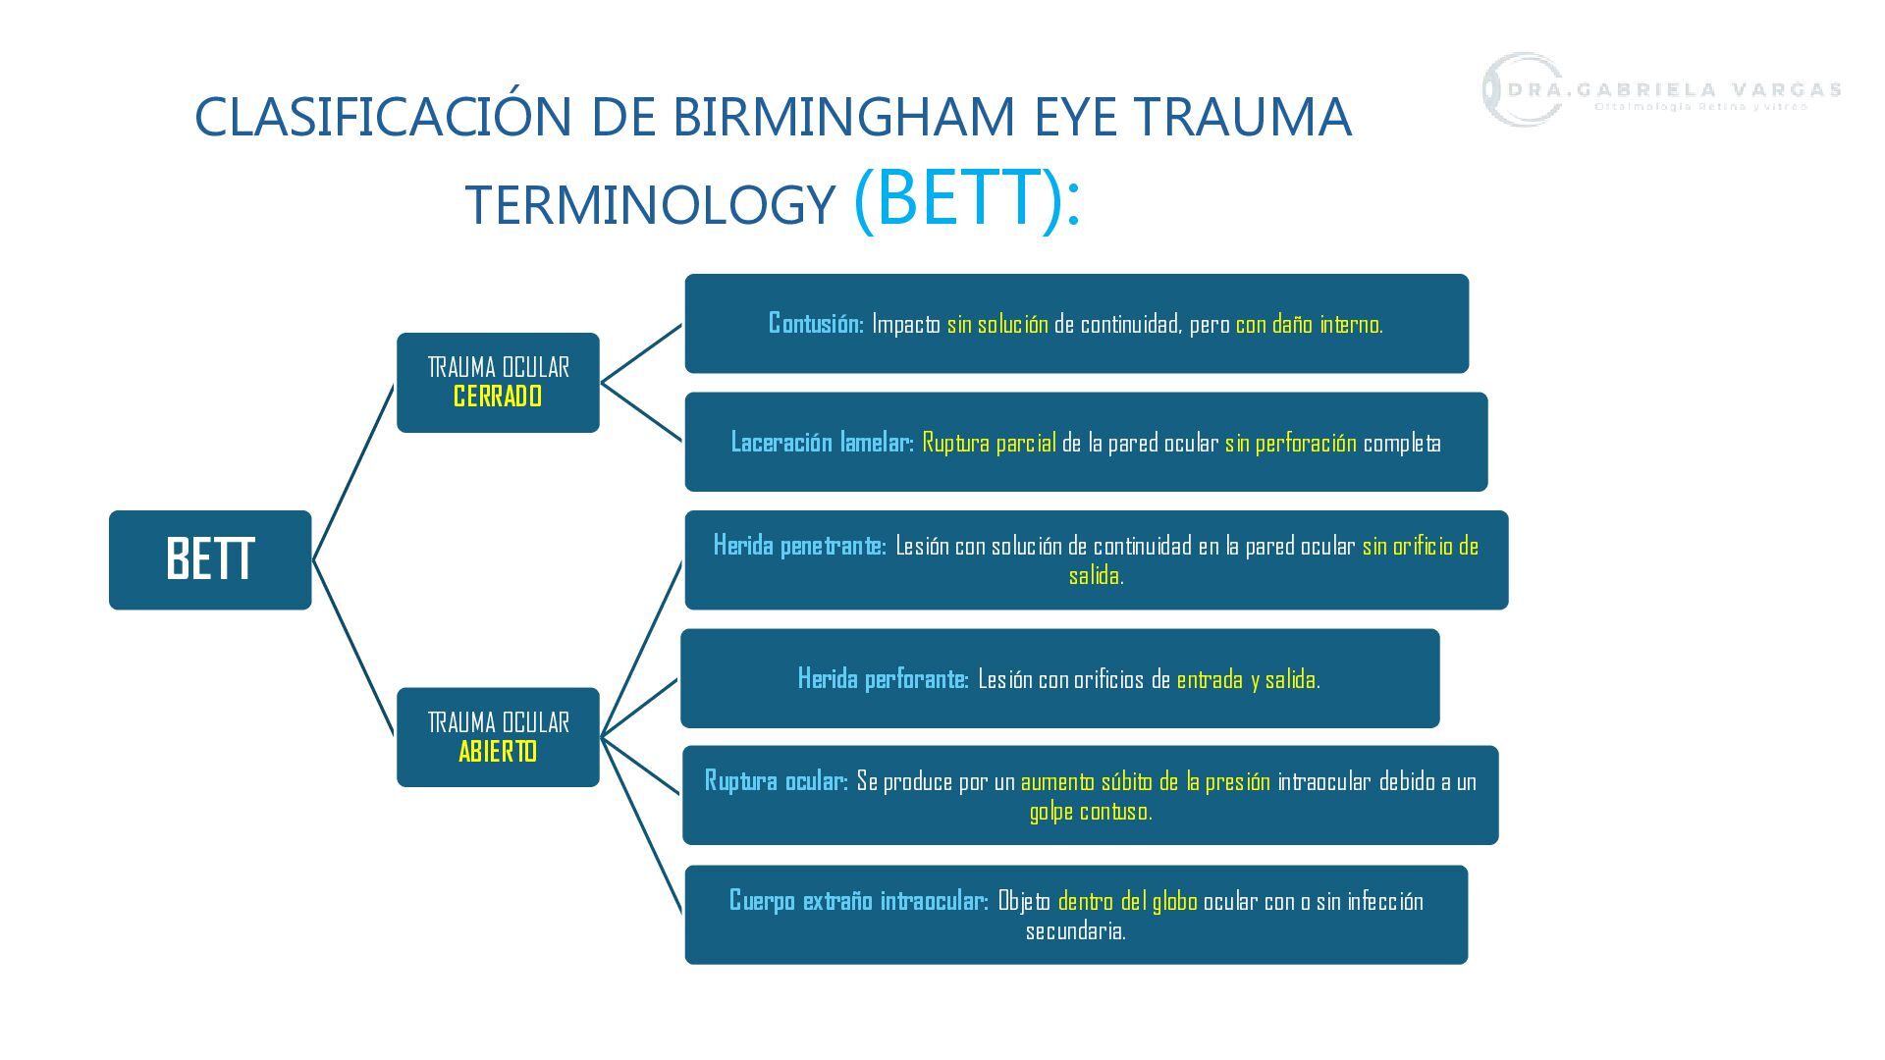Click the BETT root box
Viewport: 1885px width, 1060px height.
click(210, 559)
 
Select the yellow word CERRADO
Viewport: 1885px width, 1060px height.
click(498, 397)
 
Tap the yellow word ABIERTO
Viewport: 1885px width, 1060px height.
click(498, 752)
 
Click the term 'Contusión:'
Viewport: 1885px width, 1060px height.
click(816, 324)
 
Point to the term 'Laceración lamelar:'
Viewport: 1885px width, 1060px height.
click(822, 443)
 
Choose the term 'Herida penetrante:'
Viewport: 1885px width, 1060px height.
click(799, 546)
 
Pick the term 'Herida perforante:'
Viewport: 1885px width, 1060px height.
click(883, 679)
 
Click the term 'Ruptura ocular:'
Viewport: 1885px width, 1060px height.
click(776, 781)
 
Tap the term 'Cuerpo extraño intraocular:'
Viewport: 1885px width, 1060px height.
click(858, 901)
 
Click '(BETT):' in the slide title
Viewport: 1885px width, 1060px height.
click(967, 198)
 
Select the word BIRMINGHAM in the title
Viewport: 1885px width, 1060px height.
click(843, 117)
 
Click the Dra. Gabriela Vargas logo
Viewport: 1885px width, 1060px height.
click(1660, 90)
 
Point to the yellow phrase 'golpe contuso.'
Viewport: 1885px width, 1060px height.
click(1090, 812)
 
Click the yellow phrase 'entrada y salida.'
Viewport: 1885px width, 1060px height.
click(1248, 679)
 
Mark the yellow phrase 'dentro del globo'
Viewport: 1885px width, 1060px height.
click(1127, 901)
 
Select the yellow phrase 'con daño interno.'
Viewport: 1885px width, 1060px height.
click(1309, 324)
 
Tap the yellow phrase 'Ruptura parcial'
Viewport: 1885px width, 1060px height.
click(989, 443)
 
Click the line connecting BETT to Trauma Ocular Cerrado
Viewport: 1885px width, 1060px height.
click(353, 472)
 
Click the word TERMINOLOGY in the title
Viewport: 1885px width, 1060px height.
click(649, 205)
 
